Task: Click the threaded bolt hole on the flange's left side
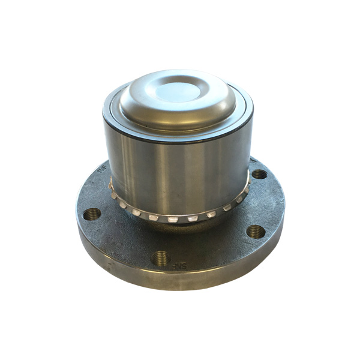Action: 92,214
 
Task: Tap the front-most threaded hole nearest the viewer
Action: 160,258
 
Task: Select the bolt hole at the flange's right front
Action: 256,231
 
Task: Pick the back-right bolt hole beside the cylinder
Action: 259,174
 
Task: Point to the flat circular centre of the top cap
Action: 178,90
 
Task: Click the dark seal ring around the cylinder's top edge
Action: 178,134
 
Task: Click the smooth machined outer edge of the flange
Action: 180,282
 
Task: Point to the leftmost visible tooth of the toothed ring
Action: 112,193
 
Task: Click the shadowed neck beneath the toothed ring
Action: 180,227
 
